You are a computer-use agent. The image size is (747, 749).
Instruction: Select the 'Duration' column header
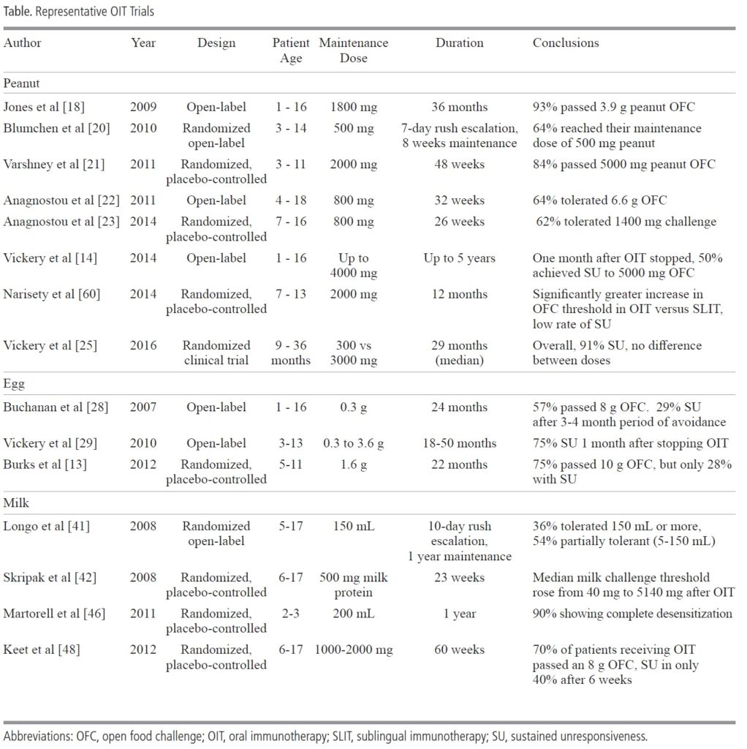[x=459, y=42]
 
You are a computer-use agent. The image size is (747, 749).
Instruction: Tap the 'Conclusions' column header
[x=565, y=42]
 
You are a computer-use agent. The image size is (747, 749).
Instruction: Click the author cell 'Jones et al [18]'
[x=44, y=107]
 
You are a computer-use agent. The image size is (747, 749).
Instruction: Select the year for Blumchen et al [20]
[x=143, y=128]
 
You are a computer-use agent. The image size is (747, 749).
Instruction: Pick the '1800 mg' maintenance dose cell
[x=353, y=107]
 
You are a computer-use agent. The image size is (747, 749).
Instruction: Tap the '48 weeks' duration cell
[x=459, y=164]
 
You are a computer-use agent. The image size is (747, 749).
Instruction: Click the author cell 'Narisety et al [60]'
[x=51, y=294]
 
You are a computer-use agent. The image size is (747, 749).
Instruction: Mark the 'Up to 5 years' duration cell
[x=459, y=258]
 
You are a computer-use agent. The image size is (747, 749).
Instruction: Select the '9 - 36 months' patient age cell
[x=291, y=352]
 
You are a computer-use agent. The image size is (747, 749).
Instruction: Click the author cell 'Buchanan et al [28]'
[x=56, y=407]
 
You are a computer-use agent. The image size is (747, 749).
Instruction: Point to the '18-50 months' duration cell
[x=459, y=443]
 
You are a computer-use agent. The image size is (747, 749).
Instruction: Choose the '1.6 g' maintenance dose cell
[x=353, y=464]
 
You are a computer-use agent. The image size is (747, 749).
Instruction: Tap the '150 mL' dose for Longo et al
[x=353, y=526]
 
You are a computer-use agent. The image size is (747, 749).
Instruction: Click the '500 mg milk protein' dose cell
[x=353, y=584]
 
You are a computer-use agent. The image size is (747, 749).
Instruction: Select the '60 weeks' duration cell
[x=459, y=650]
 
